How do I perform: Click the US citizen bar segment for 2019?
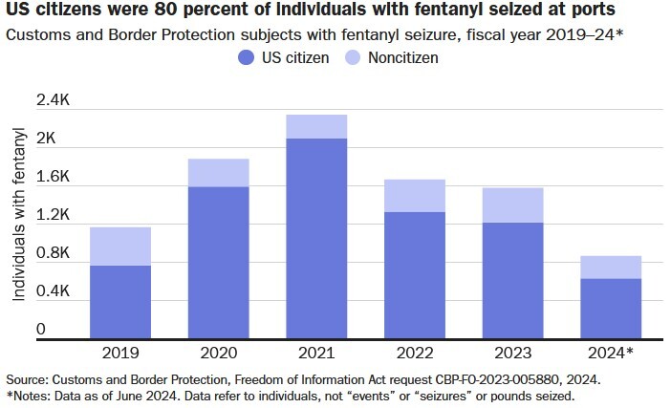(x=119, y=301)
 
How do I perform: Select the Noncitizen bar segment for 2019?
(x=119, y=247)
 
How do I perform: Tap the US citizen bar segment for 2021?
(x=316, y=238)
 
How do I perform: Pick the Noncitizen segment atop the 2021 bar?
(x=316, y=127)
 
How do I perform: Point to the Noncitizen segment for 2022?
(x=414, y=196)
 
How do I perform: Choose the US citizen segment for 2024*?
(x=611, y=308)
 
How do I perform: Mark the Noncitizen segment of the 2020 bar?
(x=218, y=173)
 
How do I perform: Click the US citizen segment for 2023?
(x=512, y=280)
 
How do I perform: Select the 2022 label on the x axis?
(x=414, y=352)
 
